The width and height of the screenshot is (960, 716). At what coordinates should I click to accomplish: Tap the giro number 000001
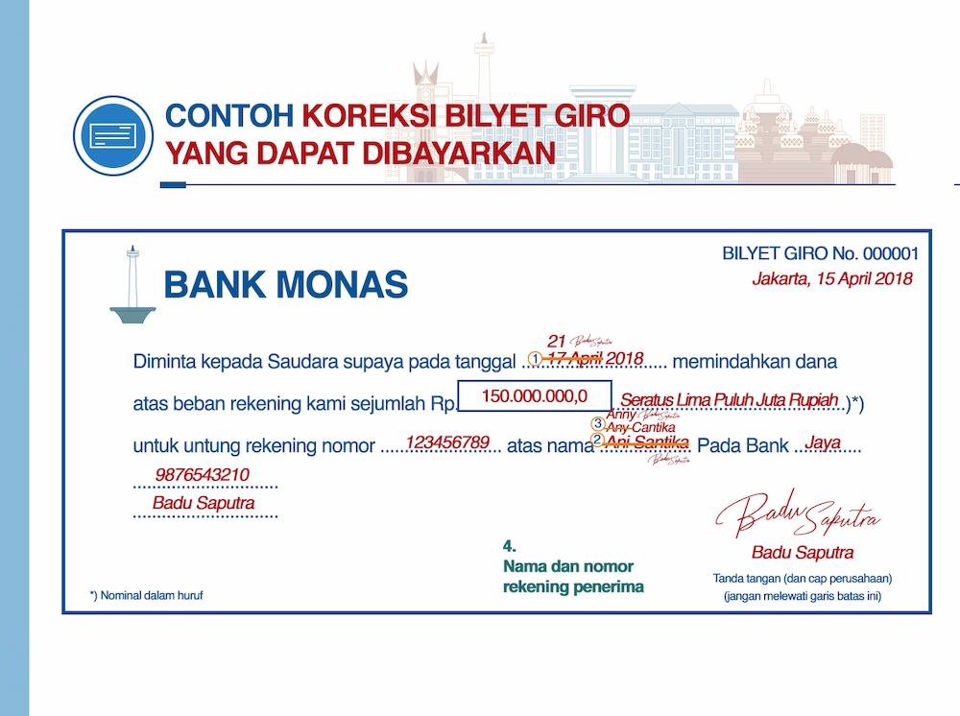pos(891,254)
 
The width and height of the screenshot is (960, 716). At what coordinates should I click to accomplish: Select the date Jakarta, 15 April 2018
pos(831,279)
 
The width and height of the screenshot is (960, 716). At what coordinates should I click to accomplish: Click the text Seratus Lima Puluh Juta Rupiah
pos(731,399)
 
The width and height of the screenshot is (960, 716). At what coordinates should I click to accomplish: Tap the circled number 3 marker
pos(598,422)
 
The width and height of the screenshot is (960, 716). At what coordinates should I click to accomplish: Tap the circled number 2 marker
pos(597,441)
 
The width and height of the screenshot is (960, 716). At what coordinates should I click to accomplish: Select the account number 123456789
pos(447,442)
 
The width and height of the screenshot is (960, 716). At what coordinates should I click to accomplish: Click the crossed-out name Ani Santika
pos(649,442)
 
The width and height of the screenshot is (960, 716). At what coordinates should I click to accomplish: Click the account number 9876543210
pos(203,475)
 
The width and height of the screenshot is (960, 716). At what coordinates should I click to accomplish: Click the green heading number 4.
pos(509,548)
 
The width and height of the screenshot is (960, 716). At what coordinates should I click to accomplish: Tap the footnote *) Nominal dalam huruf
pos(147,595)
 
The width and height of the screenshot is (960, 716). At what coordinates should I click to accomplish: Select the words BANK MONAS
pos(286,285)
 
